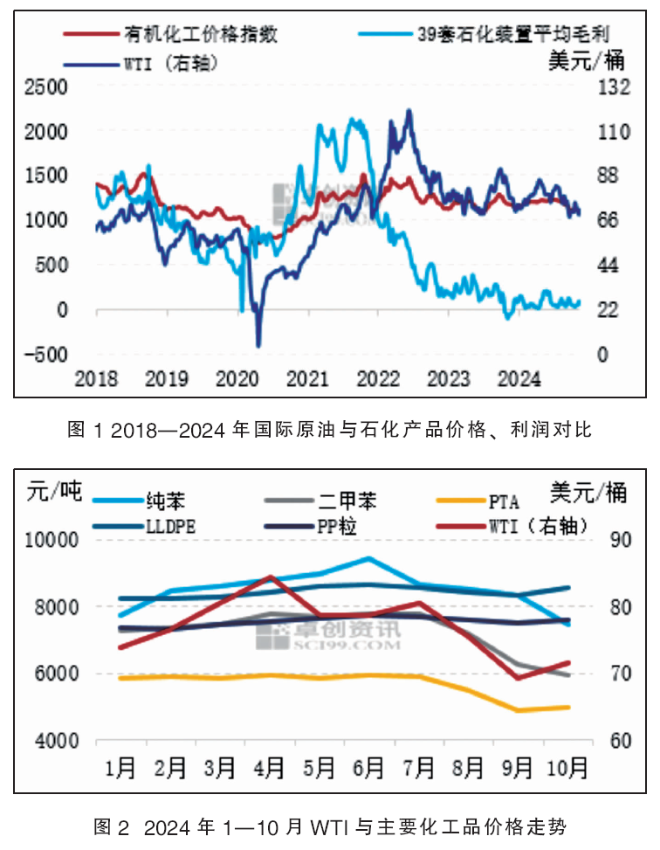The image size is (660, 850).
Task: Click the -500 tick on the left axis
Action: pos(46,354)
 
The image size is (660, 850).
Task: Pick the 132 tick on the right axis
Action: pos(613,87)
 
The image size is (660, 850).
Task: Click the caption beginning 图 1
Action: pos(330,429)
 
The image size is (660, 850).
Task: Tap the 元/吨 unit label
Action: pos(54,491)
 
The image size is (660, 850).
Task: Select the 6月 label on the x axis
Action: pos(369,768)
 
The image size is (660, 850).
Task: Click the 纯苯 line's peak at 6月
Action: pos(369,558)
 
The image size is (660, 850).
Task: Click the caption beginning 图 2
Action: pos(330,826)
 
